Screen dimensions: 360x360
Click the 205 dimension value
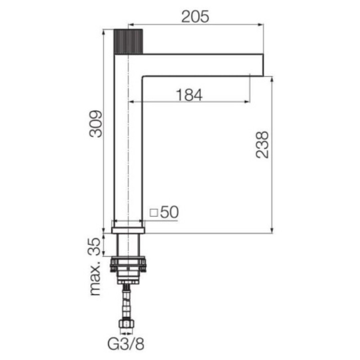coord(195,17)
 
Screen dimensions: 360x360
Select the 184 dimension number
coord(189,95)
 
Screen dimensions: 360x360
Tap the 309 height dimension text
coord(96,124)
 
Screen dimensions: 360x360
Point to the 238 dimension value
coord(262,144)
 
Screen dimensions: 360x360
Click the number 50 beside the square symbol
coord(170,212)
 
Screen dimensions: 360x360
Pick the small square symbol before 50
coord(153,212)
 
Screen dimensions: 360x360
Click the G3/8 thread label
coord(126,344)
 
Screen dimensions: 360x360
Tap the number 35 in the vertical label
coord(94,247)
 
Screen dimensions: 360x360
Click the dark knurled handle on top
coord(129,41)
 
